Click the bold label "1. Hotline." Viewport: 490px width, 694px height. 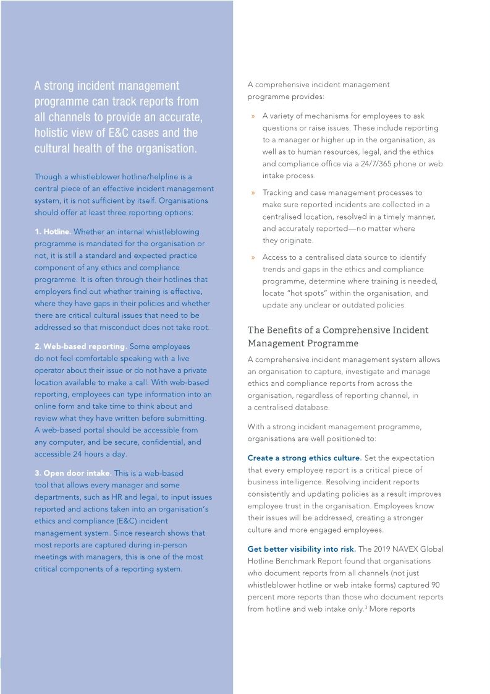(x=53, y=231)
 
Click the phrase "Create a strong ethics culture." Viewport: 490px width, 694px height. (x=305, y=458)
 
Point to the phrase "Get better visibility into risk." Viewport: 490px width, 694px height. (x=302, y=549)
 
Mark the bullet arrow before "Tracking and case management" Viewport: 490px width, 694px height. (x=253, y=193)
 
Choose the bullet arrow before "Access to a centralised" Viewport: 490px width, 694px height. (x=253, y=257)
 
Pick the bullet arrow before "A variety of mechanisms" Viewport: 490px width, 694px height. (x=253, y=116)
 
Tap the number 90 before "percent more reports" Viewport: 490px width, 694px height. (x=435, y=585)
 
